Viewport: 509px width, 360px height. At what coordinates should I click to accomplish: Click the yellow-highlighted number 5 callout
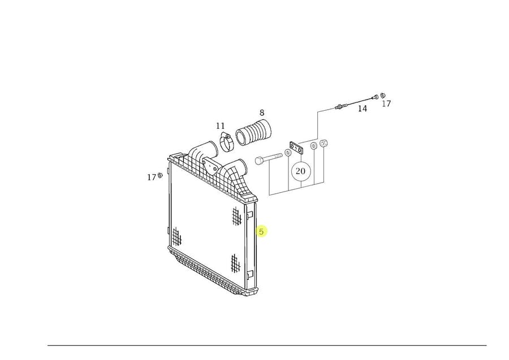pyautogui.click(x=261, y=232)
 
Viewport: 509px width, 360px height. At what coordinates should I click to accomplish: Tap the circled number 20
pyautogui.click(x=301, y=171)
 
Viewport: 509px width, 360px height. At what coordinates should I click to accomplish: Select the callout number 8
pyautogui.click(x=262, y=112)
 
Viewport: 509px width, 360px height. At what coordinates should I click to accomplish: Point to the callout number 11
pyautogui.click(x=221, y=126)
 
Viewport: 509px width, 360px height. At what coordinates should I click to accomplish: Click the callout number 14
pyautogui.click(x=363, y=109)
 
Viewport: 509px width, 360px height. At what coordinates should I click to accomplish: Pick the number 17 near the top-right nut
pyautogui.click(x=386, y=104)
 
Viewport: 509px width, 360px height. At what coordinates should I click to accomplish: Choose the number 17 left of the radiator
pyautogui.click(x=151, y=177)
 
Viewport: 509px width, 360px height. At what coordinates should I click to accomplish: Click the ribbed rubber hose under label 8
pyautogui.click(x=253, y=132)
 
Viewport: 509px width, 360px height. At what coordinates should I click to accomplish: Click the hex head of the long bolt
pyautogui.click(x=259, y=161)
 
